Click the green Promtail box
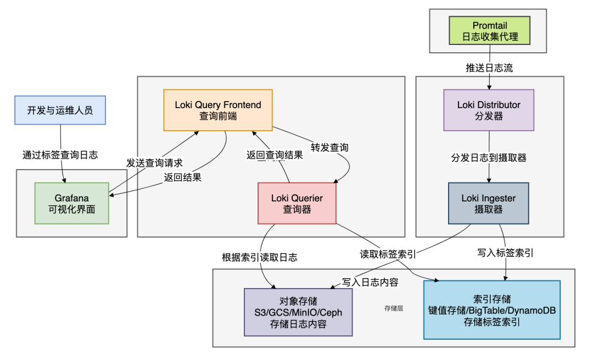(x=490, y=31)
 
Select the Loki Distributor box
(x=489, y=110)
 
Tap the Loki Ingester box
(x=489, y=203)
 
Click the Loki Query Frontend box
(x=218, y=110)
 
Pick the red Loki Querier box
(x=297, y=203)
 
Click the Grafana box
(x=72, y=203)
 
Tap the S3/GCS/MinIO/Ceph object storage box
(x=298, y=312)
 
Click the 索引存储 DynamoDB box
(x=492, y=310)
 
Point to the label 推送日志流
(x=490, y=68)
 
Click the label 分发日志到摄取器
(x=489, y=157)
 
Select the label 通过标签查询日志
(x=60, y=155)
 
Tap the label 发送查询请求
(x=154, y=163)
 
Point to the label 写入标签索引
(x=505, y=253)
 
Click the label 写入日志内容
(x=370, y=282)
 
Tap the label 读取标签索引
(x=388, y=254)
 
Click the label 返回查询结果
(x=275, y=155)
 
